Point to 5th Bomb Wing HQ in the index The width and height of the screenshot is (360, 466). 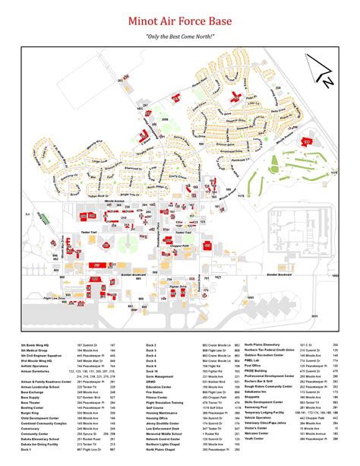tap(35, 344)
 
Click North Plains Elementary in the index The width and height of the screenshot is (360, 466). tap(266, 344)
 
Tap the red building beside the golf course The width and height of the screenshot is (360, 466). tap(308, 141)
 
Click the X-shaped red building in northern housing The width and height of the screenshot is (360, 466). tap(237, 97)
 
